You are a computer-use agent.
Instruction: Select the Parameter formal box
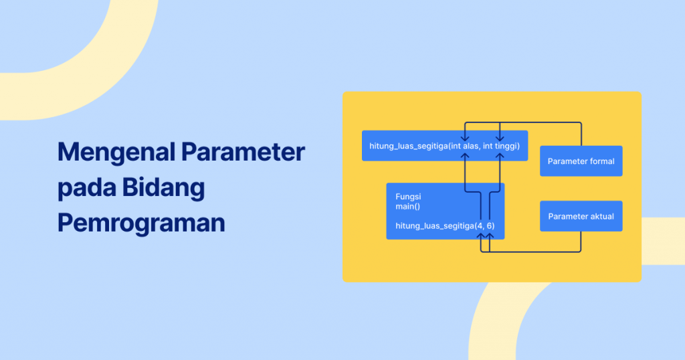pyautogui.click(x=581, y=161)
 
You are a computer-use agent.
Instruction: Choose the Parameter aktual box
pyautogui.click(x=581, y=216)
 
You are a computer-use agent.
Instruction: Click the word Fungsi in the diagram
pyautogui.click(x=408, y=197)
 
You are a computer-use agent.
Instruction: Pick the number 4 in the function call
pyautogui.click(x=480, y=226)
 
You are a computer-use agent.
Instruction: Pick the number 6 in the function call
pyautogui.click(x=490, y=226)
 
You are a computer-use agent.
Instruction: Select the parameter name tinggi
pyautogui.click(x=506, y=145)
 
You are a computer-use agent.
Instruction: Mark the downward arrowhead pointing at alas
pyautogui.click(x=465, y=136)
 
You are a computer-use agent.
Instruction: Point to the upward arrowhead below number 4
pyautogui.click(x=481, y=235)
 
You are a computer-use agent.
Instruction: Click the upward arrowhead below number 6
pyautogui.click(x=490, y=235)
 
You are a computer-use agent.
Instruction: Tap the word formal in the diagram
pyautogui.click(x=601, y=161)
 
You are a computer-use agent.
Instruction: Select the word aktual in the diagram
pyautogui.click(x=600, y=216)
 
